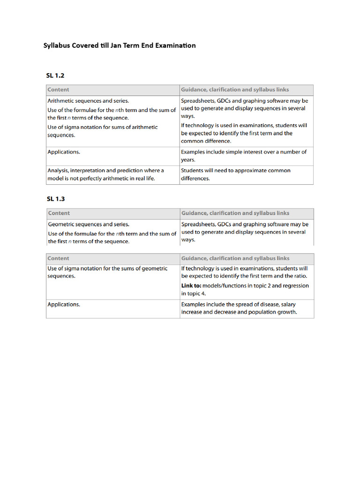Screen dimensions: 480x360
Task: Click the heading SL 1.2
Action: click(55, 75)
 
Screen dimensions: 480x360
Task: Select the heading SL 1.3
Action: click(55, 199)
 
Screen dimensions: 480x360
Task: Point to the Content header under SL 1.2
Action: click(58, 90)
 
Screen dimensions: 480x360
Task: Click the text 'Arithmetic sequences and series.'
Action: click(88, 101)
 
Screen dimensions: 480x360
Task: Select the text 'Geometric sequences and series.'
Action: click(89, 225)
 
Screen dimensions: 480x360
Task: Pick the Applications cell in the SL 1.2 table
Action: click(64, 152)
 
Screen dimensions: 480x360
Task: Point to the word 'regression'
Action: click(294, 286)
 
